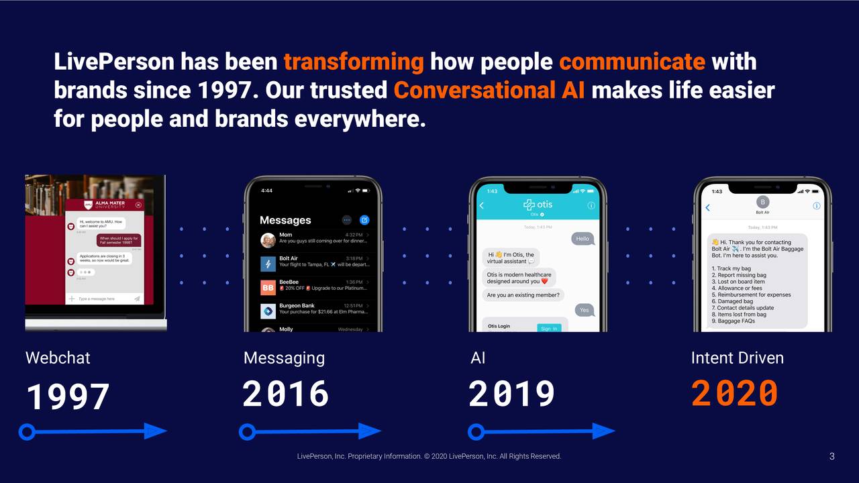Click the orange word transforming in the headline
point(353,62)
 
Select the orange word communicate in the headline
point(631,62)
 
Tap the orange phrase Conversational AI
point(489,90)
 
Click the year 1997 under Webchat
point(68,396)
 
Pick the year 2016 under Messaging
point(285,394)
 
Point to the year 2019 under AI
point(511,394)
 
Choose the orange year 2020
point(734,394)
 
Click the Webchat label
point(58,358)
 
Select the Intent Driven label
point(737,358)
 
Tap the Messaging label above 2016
point(284,358)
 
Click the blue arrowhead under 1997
point(156,431)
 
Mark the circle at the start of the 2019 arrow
point(476,431)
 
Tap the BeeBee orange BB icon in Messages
point(268,287)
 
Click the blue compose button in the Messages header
point(364,219)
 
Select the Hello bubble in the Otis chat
point(582,239)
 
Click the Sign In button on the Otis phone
point(548,328)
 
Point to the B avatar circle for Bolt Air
point(762,202)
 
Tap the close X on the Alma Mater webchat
point(138,205)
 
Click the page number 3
point(831,457)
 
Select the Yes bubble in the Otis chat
point(584,310)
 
